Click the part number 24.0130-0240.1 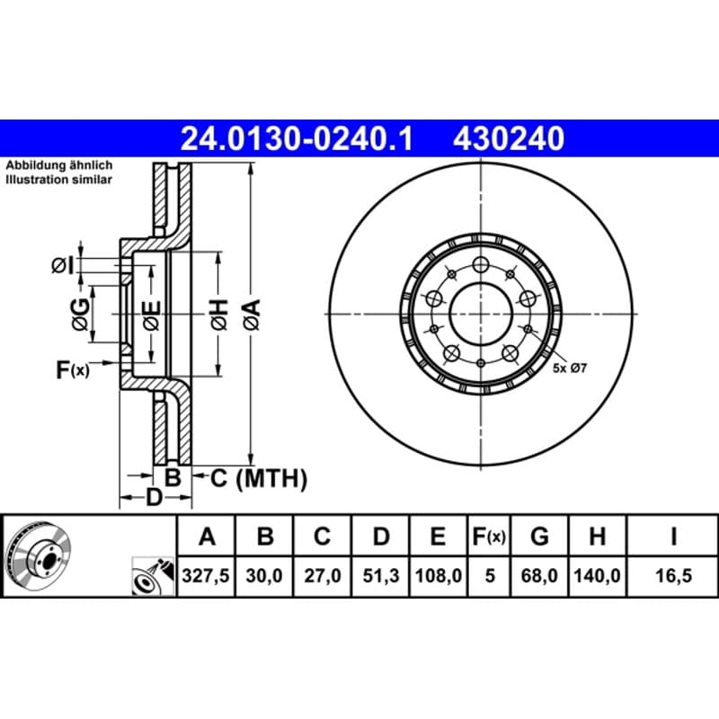[297, 139]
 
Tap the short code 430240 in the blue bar [509, 139]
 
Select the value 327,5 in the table [206, 575]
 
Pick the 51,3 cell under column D [380, 575]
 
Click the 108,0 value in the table [439, 575]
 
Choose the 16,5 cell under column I [673, 575]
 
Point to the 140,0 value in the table [597, 575]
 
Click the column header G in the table [539, 536]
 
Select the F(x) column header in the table [489, 537]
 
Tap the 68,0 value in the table [539, 575]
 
